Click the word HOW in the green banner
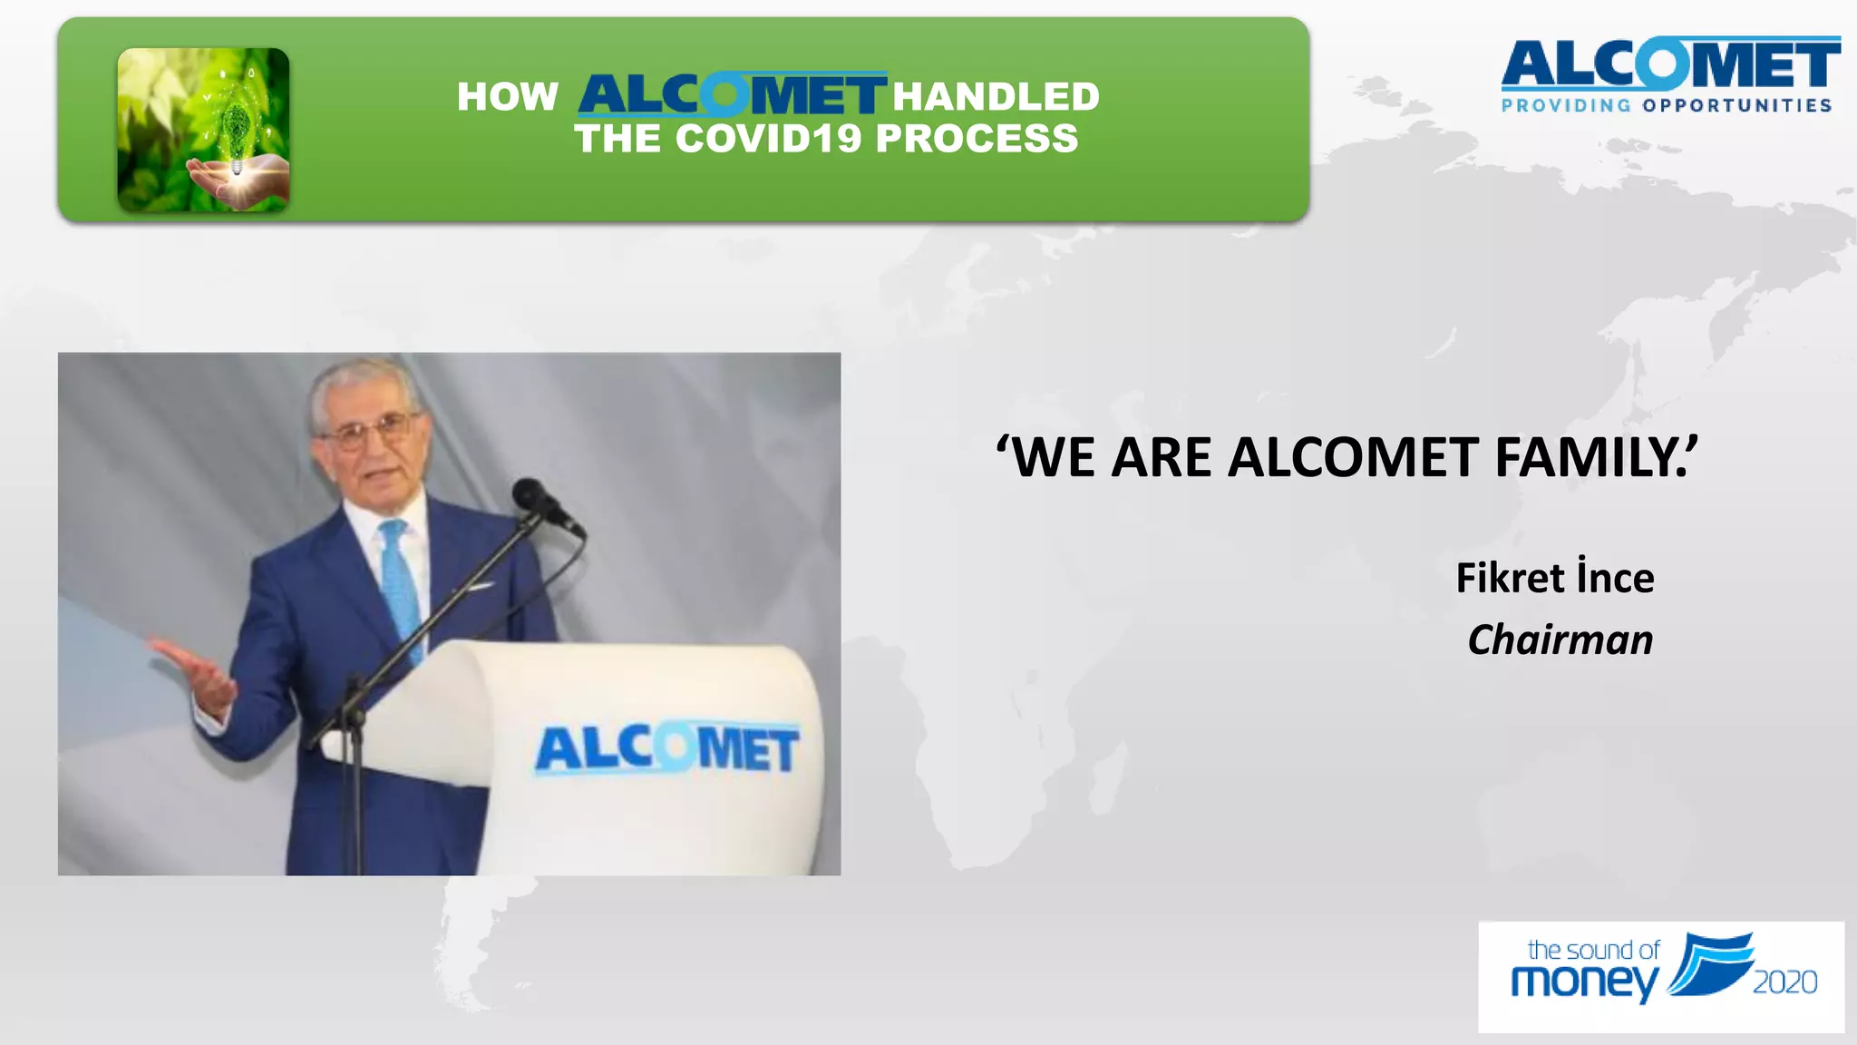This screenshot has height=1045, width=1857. click(x=507, y=96)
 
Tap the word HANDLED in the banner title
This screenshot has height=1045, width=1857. click(x=996, y=96)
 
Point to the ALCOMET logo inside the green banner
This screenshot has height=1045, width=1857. click(x=731, y=95)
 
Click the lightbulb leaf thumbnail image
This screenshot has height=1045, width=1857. click(x=203, y=130)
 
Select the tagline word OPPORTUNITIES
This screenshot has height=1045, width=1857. click(x=1736, y=106)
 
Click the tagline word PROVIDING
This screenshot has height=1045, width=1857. click(x=1566, y=106)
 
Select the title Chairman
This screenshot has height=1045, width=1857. click(x=1560, y=640)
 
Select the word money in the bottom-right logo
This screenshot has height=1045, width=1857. click(x=1583, y=982)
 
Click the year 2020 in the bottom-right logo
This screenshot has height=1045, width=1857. click(x=1784, y=982)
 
